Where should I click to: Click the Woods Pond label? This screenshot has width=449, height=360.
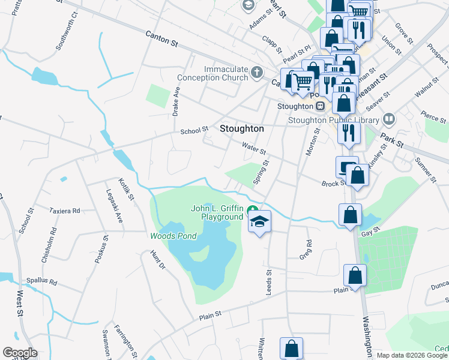pos(173,236)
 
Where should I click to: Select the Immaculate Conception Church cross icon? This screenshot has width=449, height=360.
pos(256,73)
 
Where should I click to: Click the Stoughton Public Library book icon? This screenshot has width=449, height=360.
pos(390,119)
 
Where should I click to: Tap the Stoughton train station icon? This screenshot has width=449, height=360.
pos(321,106)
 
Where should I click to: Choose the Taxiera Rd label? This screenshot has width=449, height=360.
pos(65,211)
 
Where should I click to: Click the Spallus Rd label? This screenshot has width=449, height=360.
pos(41,281)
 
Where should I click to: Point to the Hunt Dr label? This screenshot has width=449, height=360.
pos(158,264)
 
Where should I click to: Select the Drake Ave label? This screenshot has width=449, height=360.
pos(176,101)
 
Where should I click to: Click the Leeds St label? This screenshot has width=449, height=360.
pos(269,280)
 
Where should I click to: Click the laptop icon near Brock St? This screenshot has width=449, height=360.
pos(347,167)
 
